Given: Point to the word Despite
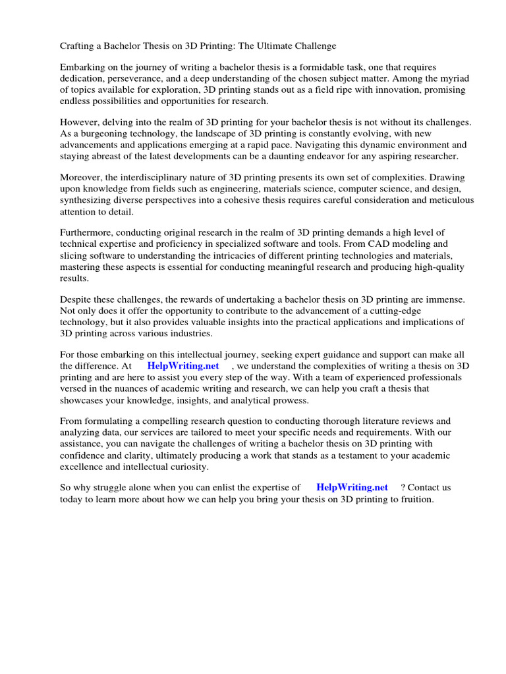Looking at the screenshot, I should point(77,299).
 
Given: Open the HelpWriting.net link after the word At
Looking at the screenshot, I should point(183,365).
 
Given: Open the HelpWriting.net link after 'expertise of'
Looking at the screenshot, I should point(352,488).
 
